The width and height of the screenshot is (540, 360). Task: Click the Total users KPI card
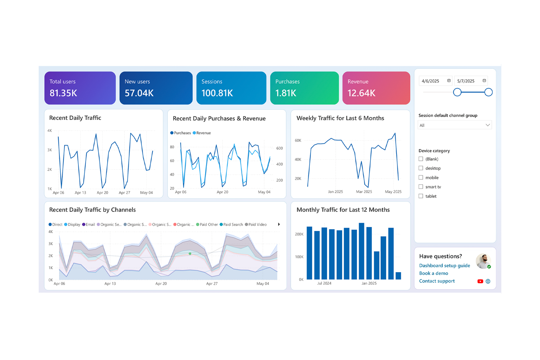click(x=80, y=88)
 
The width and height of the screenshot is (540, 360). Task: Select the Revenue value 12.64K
click(x=361, y=93)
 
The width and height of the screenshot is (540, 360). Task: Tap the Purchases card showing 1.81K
click(x=304, y=88)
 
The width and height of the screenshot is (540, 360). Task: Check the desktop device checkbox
click(x=421, y=168)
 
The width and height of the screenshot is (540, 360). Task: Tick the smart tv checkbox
click(x=421, y=187)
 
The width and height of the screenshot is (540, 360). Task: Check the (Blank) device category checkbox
click(x=421, y=159)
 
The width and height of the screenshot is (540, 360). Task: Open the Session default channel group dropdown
click(x=454, y=125)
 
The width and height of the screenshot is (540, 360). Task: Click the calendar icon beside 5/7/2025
click(x=484, y=81)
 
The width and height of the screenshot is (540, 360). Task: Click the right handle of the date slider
click(x=488, y=92)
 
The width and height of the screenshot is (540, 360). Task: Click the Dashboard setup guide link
click(x=444, y=266)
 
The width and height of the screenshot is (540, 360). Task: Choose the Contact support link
click(x=437, y=281)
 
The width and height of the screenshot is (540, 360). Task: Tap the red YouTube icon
click(x=480, y=281)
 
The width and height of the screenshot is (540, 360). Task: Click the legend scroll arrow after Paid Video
click(x=279, y=225)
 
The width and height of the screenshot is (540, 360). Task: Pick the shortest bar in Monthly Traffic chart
click(x=398, y=276)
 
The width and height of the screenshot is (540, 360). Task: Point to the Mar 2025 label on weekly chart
click(x=364, y=192)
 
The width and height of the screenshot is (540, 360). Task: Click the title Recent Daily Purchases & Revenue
click(x=219, y=118)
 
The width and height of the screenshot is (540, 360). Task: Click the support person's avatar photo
click(x=483, y=261)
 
